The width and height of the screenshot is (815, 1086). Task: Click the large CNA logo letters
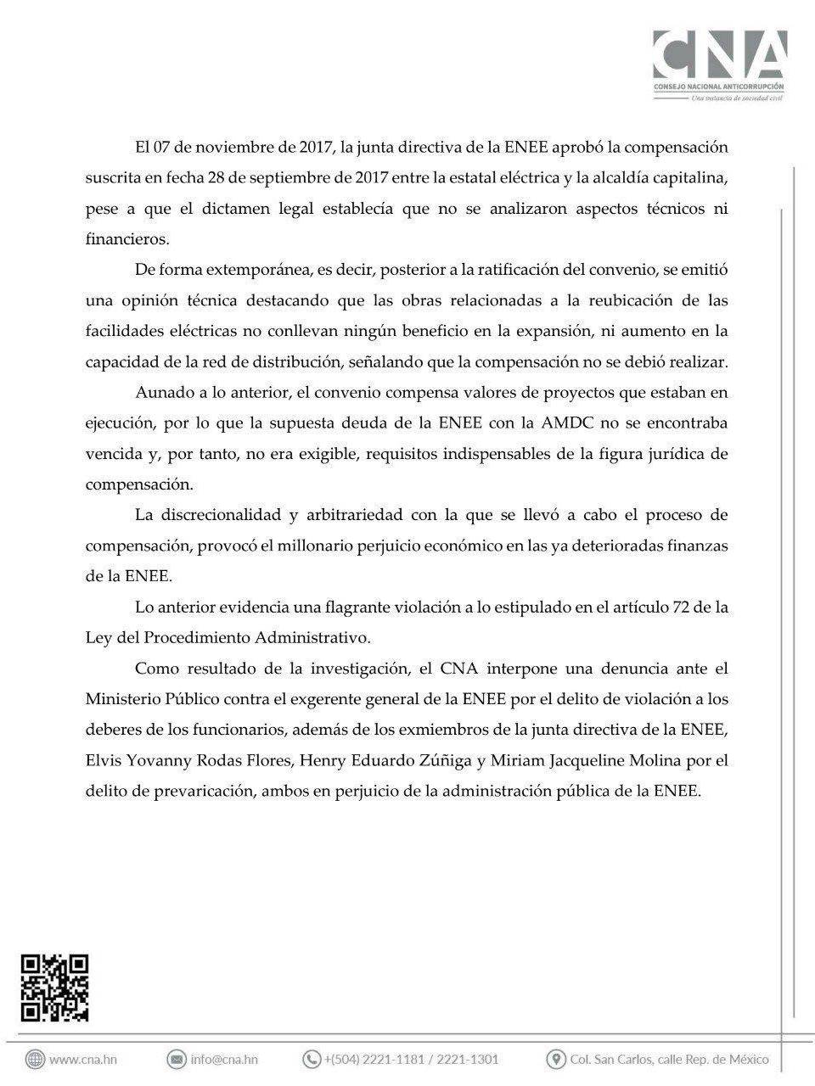718,57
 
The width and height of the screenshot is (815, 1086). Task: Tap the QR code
55,988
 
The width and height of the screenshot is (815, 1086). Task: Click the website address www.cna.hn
83,1059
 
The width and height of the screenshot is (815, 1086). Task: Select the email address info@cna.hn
224,1059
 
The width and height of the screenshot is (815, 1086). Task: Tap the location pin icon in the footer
557,1059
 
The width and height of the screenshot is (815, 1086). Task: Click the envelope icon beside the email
177,1059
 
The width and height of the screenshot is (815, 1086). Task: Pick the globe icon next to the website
35,1059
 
